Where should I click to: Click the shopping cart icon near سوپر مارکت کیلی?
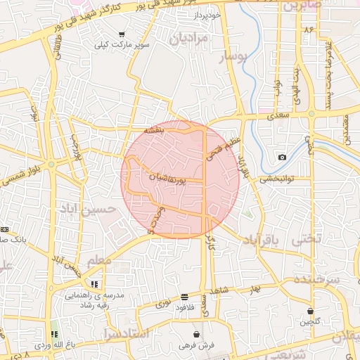[122, 34]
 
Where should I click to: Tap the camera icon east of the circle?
[282, 157]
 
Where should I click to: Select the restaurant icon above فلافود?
[184, 297]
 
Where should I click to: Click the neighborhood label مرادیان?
[189, 37]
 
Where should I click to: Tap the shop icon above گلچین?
[310, 311]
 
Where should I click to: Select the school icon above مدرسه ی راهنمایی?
[94, 284]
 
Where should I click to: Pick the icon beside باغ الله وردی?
[54, 334]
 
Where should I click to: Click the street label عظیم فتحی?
[213, 146]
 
